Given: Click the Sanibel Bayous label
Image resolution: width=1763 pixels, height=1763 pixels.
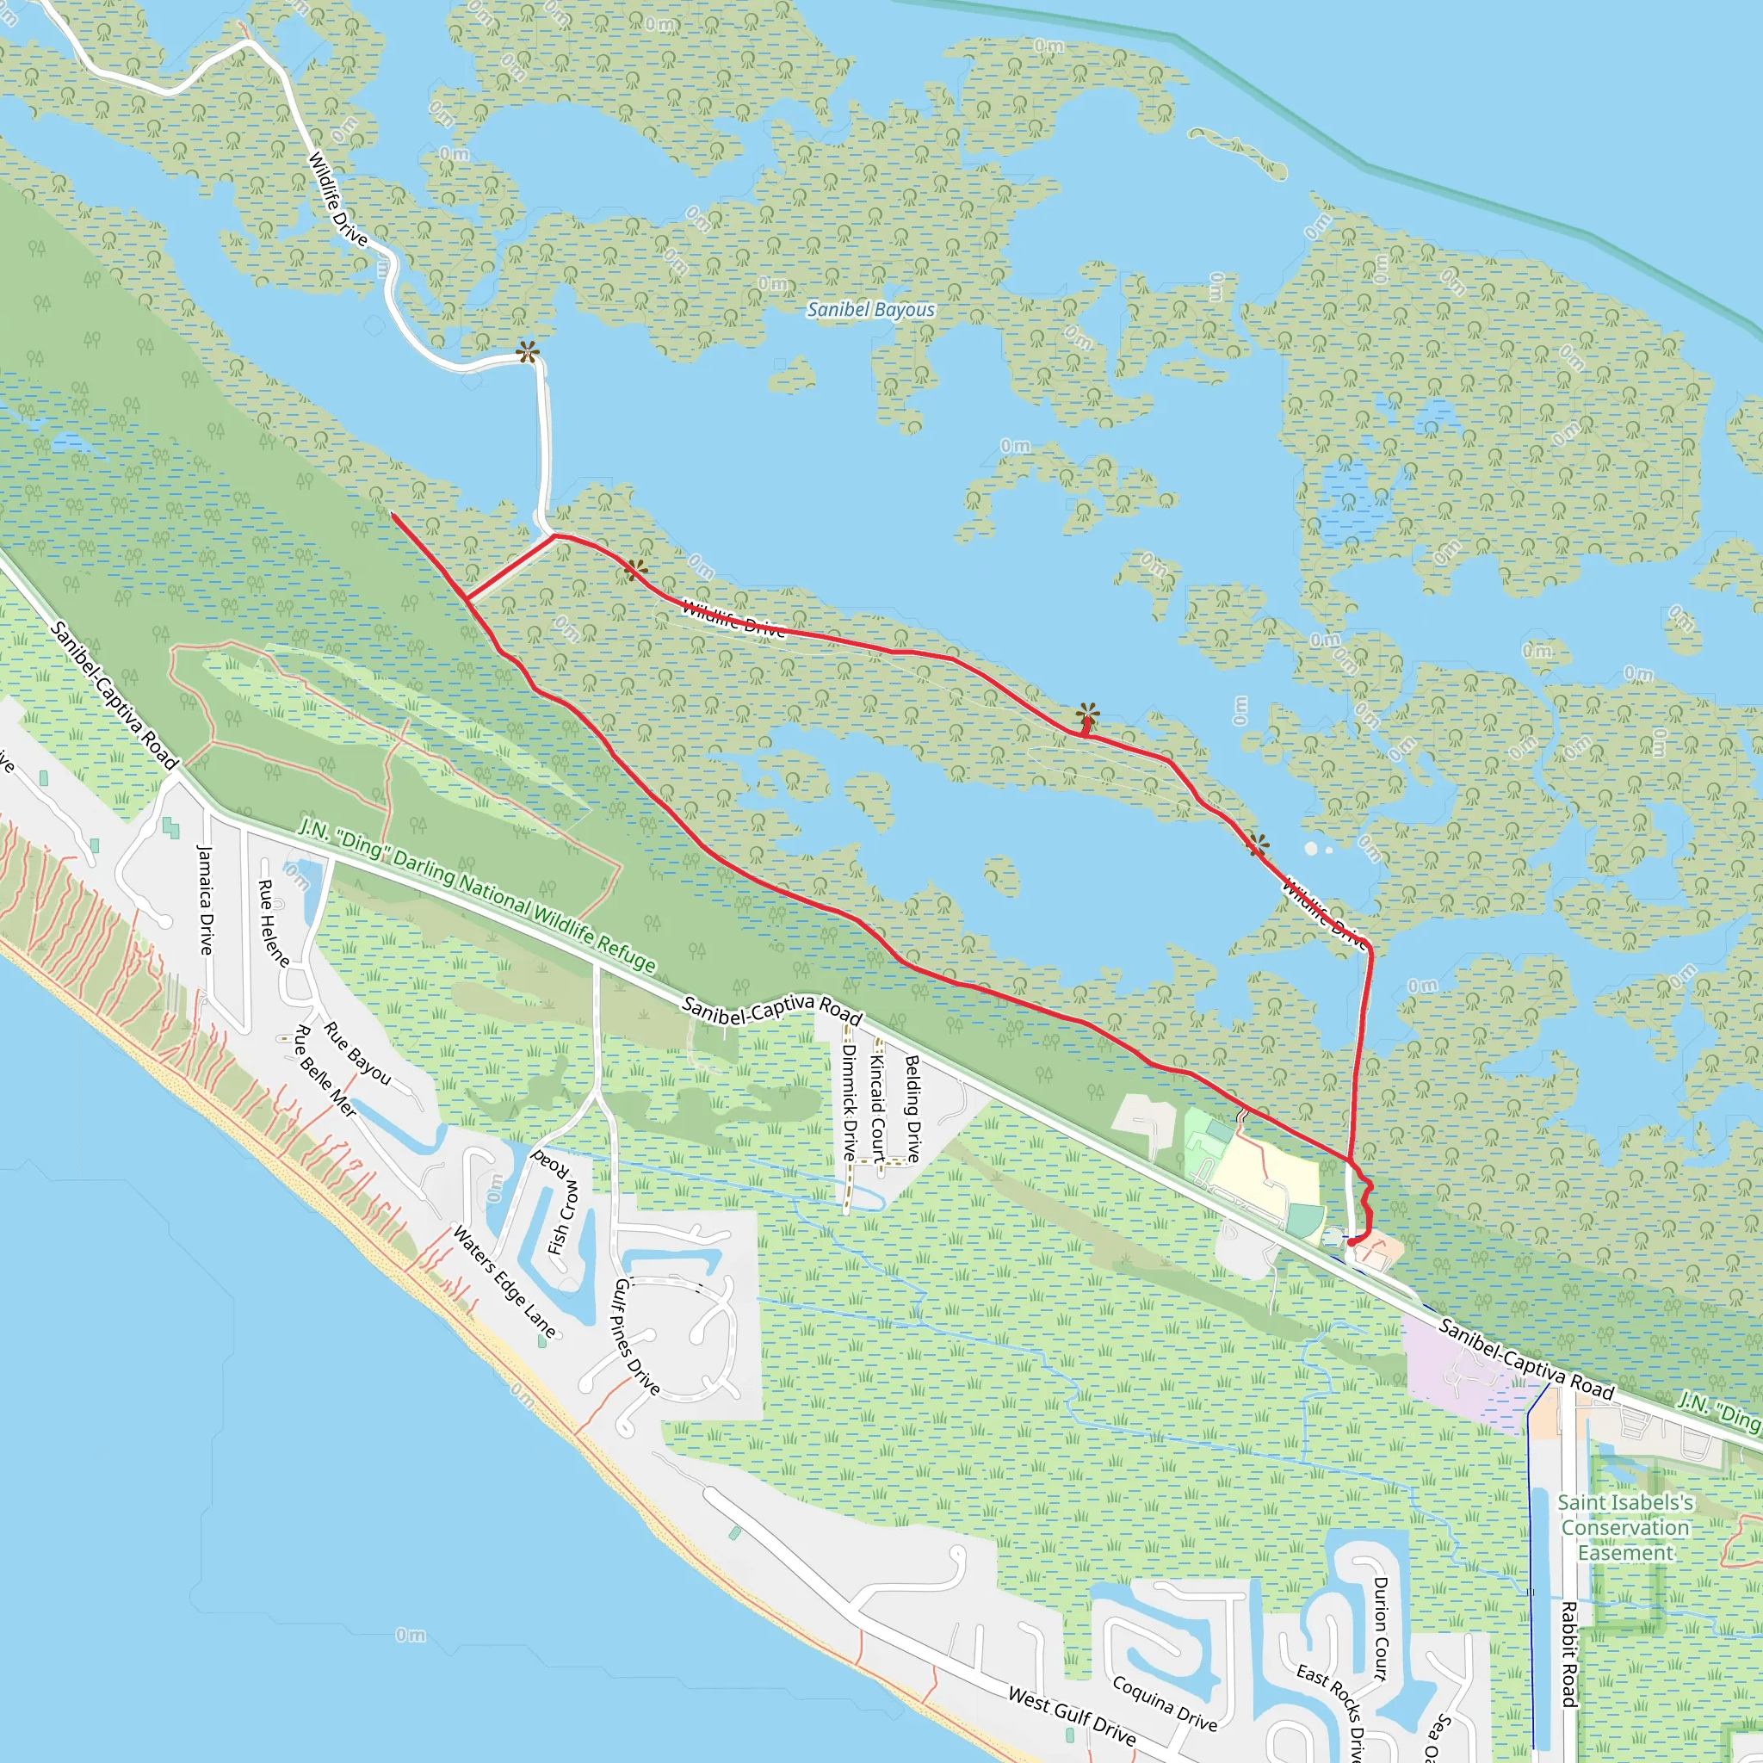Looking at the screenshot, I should pos(870,310).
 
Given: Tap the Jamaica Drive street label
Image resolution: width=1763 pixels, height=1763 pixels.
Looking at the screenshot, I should pos(206,900).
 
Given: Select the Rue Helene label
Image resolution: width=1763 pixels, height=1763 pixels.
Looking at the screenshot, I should pos(273,923).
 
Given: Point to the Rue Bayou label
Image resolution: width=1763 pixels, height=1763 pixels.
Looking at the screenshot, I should pos(356,1054).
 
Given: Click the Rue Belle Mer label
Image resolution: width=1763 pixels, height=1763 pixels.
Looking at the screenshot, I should pos(324,1070).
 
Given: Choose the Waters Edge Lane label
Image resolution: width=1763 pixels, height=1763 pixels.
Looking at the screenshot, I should pos(504,1282).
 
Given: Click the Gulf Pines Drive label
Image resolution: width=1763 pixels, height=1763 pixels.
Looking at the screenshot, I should pos(636,1337).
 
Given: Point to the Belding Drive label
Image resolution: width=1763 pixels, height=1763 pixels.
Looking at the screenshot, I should pos(912,1108).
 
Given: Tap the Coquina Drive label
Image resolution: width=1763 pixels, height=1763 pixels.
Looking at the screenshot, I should pos(1165,1704).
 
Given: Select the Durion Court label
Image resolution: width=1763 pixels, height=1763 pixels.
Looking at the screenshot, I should pos(1380,1629).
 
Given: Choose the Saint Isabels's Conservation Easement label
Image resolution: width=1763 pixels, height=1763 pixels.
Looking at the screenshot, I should pos(1625,1528).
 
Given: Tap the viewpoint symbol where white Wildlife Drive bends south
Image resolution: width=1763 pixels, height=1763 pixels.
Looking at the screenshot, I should pos(528,353).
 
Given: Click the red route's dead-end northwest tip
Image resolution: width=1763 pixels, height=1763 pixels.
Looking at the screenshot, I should pos(393,515).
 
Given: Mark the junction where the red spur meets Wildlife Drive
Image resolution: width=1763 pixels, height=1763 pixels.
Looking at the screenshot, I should pos(554,535).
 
